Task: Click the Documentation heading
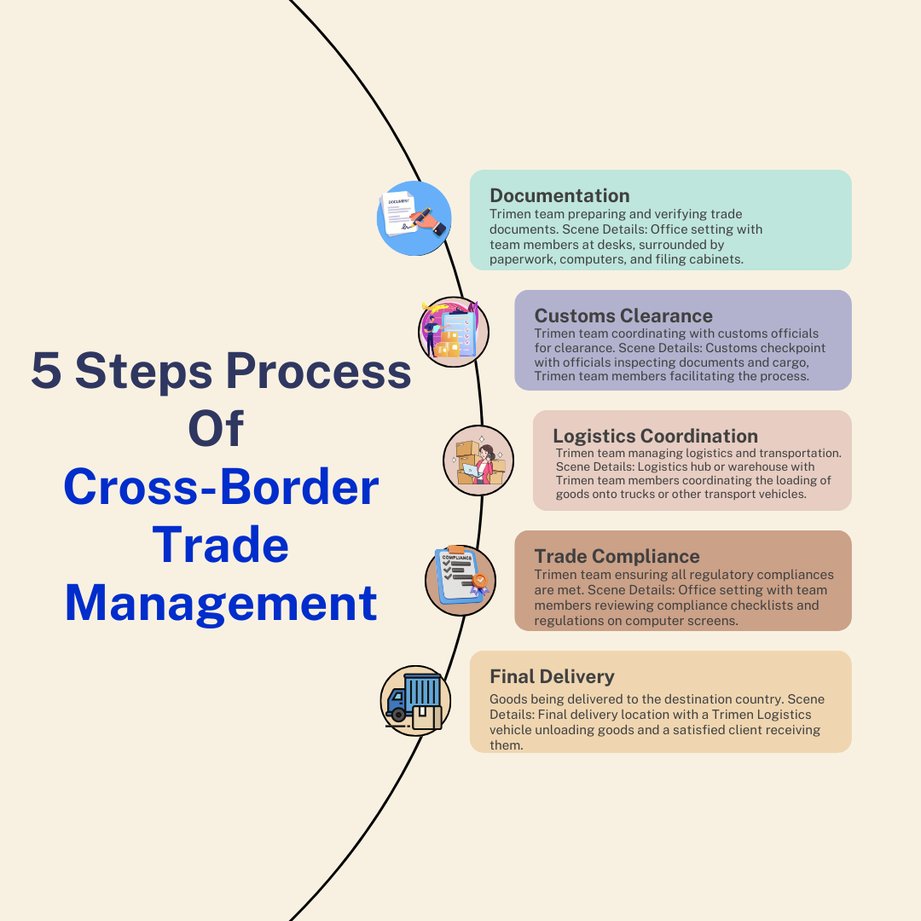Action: point(559,195)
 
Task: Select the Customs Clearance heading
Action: point(623,316)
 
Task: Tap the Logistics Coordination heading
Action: point(655,437)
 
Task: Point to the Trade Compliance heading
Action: point(617,557)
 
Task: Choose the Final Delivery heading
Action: point(552,676)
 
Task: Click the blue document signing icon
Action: point(414,218)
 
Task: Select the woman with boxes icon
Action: point(479,460)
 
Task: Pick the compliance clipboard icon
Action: point(460,580)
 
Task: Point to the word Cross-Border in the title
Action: point(221,488)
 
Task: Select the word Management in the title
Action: point(221,603)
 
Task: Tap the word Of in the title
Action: point(216,429)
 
